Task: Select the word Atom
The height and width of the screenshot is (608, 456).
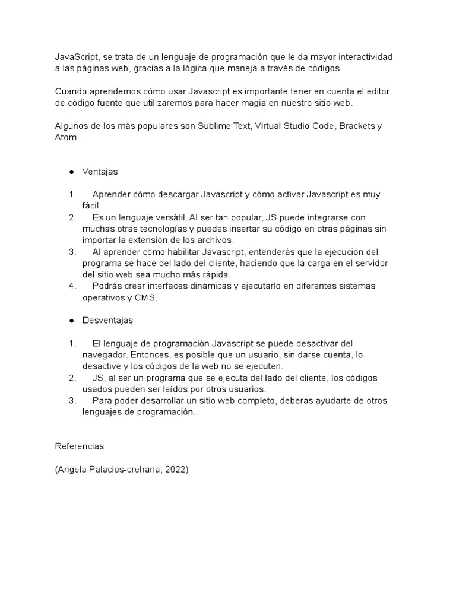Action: pyautogui.click(x=66, y=137)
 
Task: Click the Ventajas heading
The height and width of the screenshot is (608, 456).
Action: pyautogui.click(x=100, y=172)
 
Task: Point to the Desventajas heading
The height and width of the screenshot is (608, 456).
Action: pyautogui.click(x=107, y=320)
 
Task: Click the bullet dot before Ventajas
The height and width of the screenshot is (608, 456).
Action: pyautogui.click(x=71, y=172)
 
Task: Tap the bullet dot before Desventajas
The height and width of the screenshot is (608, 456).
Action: pyautogui.click(x=71, y=321)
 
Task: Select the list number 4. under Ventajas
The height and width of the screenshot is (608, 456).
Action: pyautogui.click(x=72, y=286)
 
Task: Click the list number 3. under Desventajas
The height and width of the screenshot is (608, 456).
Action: pyautogui.click(x=72, y=401)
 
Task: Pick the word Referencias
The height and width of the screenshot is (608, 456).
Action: pyautogui.click(x=79, y=446)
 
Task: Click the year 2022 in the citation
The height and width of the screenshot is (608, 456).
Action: pyautogui.click(x=175, y=469)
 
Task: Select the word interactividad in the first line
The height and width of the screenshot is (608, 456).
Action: pyautogui.click(x=362, y=57)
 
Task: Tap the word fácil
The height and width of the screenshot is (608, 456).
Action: pyautogui.click(x=93, y=205)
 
